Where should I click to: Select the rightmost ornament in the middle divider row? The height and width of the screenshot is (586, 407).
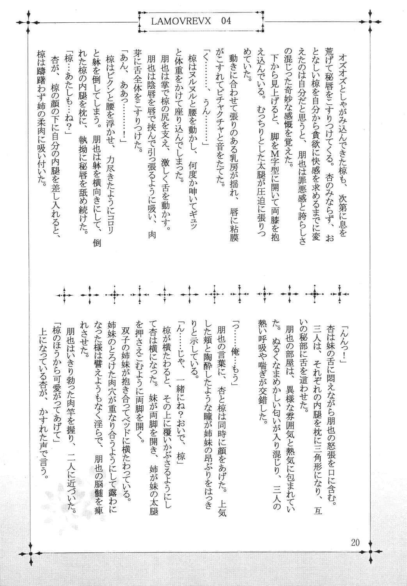pyautogui.click(x=340, y=294)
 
